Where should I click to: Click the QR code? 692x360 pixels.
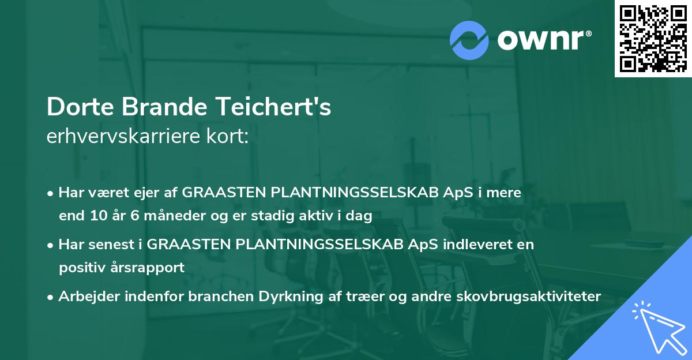[653, 38]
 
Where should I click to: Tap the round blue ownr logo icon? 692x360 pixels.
[469, 40]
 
